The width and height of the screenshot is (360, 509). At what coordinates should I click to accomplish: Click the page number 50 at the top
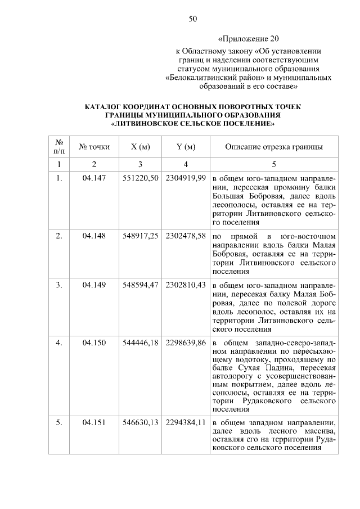[x=192, y=19]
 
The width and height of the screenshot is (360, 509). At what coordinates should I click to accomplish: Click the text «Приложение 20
[x=248, y=39]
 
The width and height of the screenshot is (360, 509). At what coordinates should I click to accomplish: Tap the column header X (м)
[x=140, y=147]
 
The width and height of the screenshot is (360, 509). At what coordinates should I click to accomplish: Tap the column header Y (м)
[x=186, y=147]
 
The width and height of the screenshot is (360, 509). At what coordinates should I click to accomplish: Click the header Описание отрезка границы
[x=273, y=147]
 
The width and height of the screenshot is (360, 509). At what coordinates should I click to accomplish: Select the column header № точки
[x=94, y=147]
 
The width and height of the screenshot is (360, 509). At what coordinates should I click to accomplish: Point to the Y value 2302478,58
[x=186, y=235]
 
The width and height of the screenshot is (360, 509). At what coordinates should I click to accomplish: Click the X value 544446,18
[x=141, y=342]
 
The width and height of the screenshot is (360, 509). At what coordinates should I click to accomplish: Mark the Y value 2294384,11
[x=186, y=422]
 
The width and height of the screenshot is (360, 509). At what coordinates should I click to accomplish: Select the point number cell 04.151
[x=94, y=422]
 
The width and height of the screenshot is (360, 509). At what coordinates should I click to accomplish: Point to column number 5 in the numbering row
[x=274, y=164]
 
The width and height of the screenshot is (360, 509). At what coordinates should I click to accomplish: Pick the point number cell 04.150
[x=94, y=342]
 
